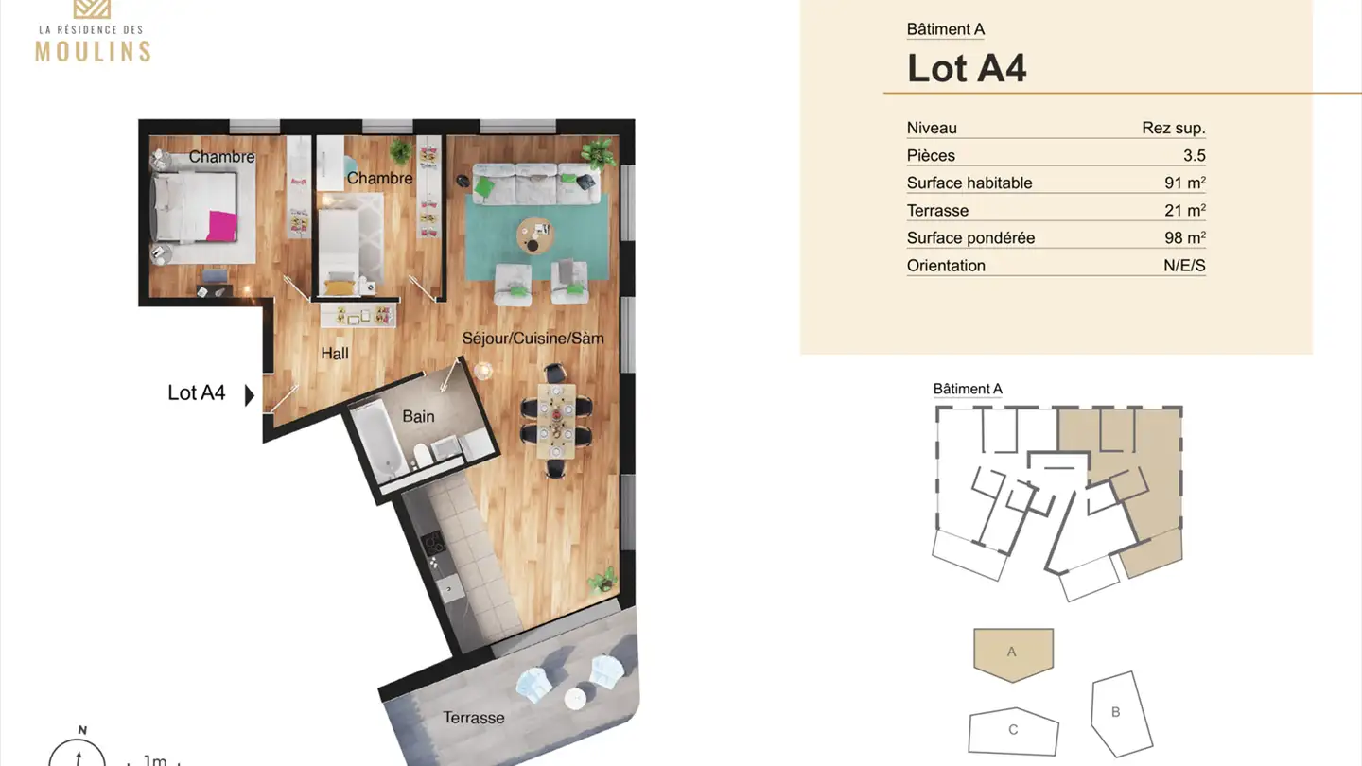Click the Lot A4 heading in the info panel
tap(967, 68)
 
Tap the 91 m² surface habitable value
tap(1184, 183)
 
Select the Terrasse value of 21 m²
tap(1184, 210)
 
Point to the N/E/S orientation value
tap(1184, 266)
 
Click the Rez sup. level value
tap(1174, 128)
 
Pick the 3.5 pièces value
tap(1194, 155)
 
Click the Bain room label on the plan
tap(418, 416)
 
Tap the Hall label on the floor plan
tap(335, 354)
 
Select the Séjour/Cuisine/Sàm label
tap(533, 338)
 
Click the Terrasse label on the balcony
tap(474, 718)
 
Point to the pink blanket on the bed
tap(222, 226)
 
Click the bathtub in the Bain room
tap(379, 441)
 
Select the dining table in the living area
tap(556, 420)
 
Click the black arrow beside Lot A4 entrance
tap(249, 394)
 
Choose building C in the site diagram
tap(1013, 730)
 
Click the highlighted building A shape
tap(1013, 652)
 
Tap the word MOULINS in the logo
tap(93, 50)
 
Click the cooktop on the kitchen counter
tap(433, 544)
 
